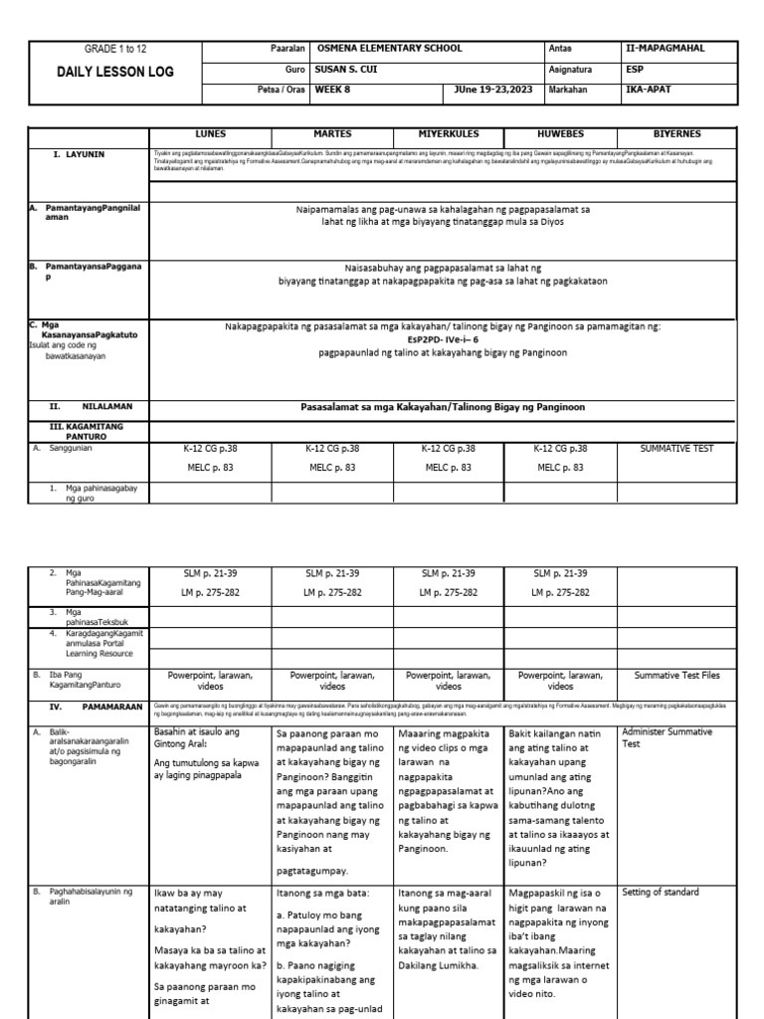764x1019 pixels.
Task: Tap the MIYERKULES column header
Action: tap(440, 133)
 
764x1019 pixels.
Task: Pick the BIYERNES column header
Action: tap(676, 133)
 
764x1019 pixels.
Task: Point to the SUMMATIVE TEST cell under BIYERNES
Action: tap(676, 449)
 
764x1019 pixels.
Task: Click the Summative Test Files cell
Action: tap(676, 675)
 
